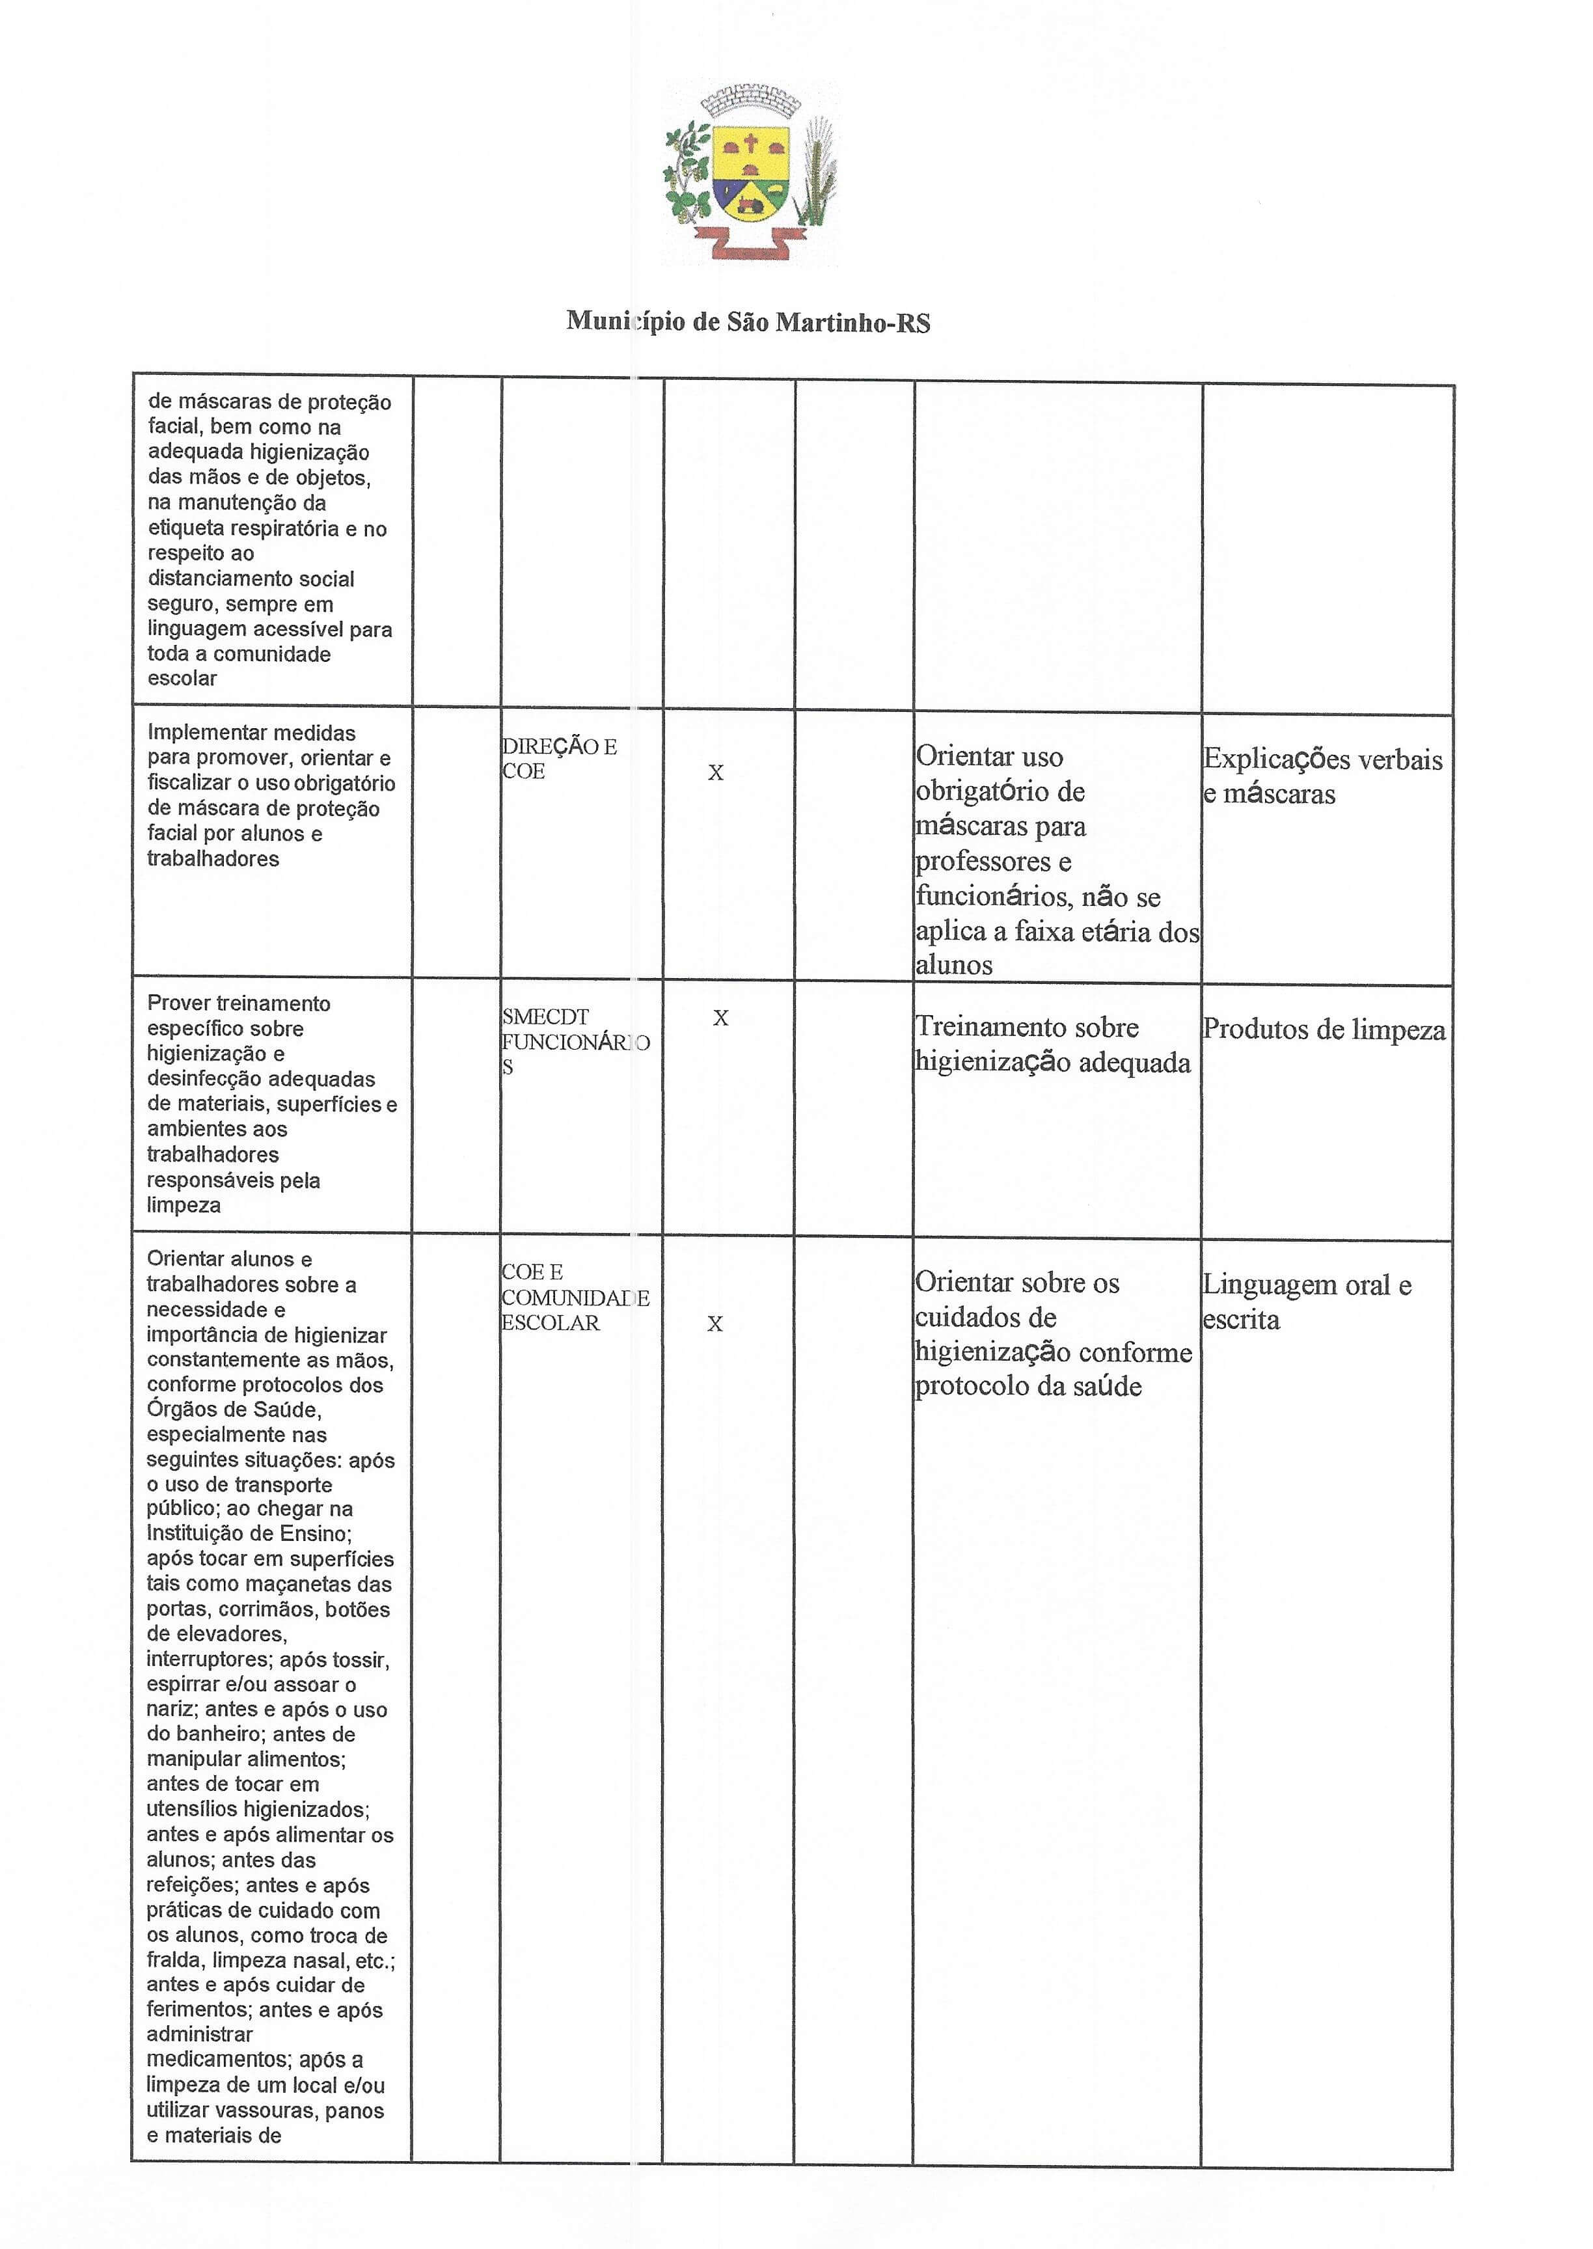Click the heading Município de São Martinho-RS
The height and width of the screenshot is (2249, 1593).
pos(748,321)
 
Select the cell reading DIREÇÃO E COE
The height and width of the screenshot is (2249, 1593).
pos(559,758)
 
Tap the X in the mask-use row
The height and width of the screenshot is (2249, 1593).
pos(716,773)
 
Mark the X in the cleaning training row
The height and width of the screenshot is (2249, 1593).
pos(721,1018)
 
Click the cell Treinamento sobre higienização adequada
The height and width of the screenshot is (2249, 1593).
pos(1052,1044)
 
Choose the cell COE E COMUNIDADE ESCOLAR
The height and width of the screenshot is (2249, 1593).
pos(575,1297)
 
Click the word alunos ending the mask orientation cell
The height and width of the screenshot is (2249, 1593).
pos(953,965)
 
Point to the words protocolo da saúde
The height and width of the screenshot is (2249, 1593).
pos(1028,1387)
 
